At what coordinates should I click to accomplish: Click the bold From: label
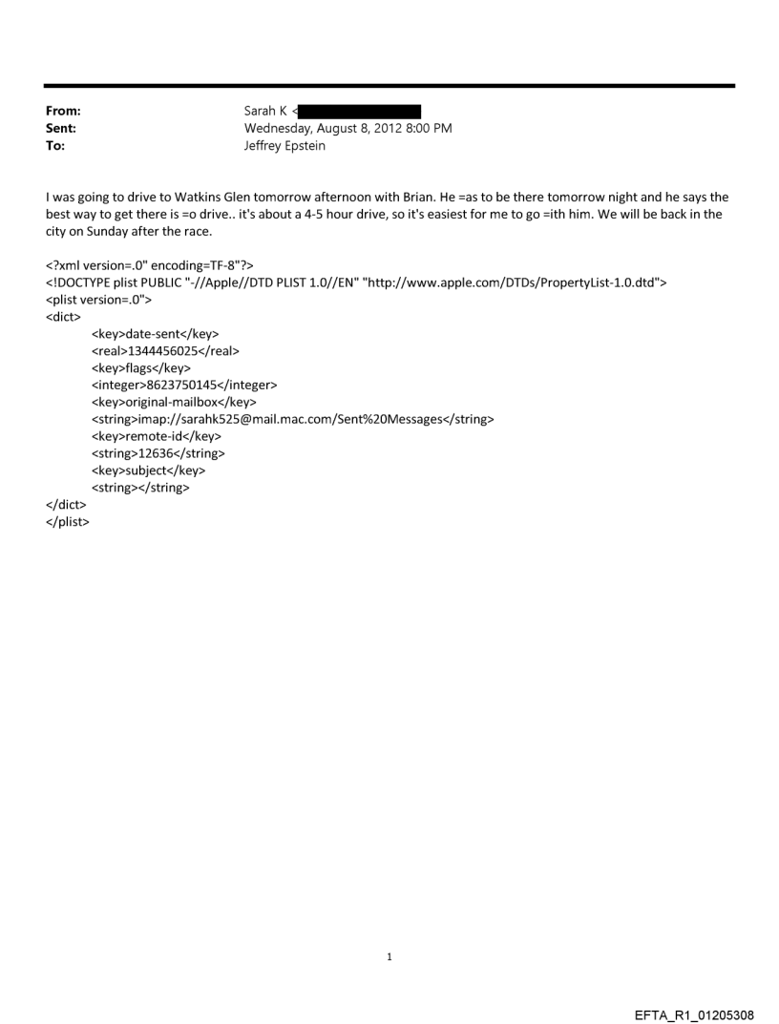63,112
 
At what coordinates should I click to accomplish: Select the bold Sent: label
61,129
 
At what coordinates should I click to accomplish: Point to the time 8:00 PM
426,129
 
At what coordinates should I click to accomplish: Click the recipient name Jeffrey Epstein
284,146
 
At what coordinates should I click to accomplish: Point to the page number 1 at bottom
389,957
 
